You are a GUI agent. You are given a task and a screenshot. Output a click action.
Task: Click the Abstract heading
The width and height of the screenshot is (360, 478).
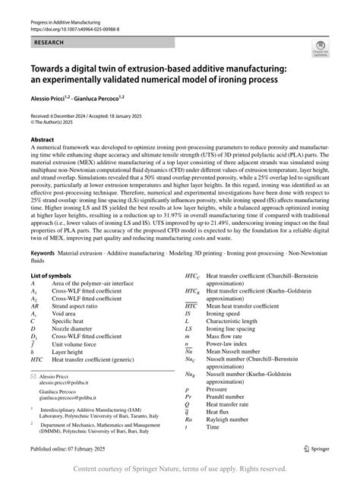[41, 141]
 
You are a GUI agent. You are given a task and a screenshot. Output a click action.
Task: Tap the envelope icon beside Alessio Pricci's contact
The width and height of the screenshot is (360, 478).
[33, 376]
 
